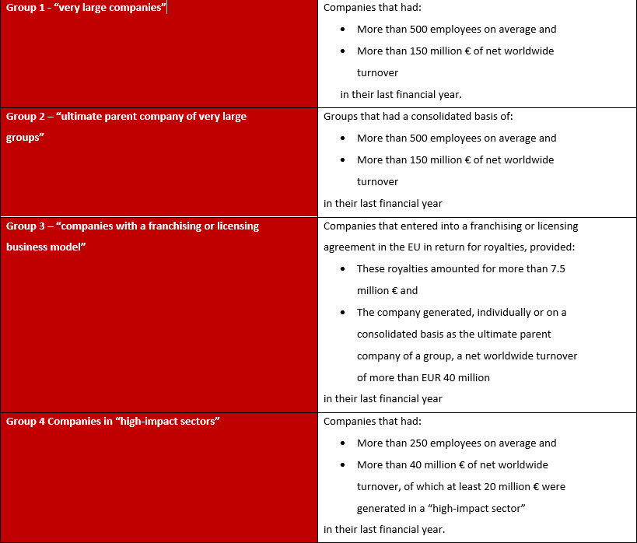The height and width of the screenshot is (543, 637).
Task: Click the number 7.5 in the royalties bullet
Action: click(557, 268)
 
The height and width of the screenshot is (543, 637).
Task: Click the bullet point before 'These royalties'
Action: click(344, 269)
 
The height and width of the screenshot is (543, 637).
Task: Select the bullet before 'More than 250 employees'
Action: click(344, 443)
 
